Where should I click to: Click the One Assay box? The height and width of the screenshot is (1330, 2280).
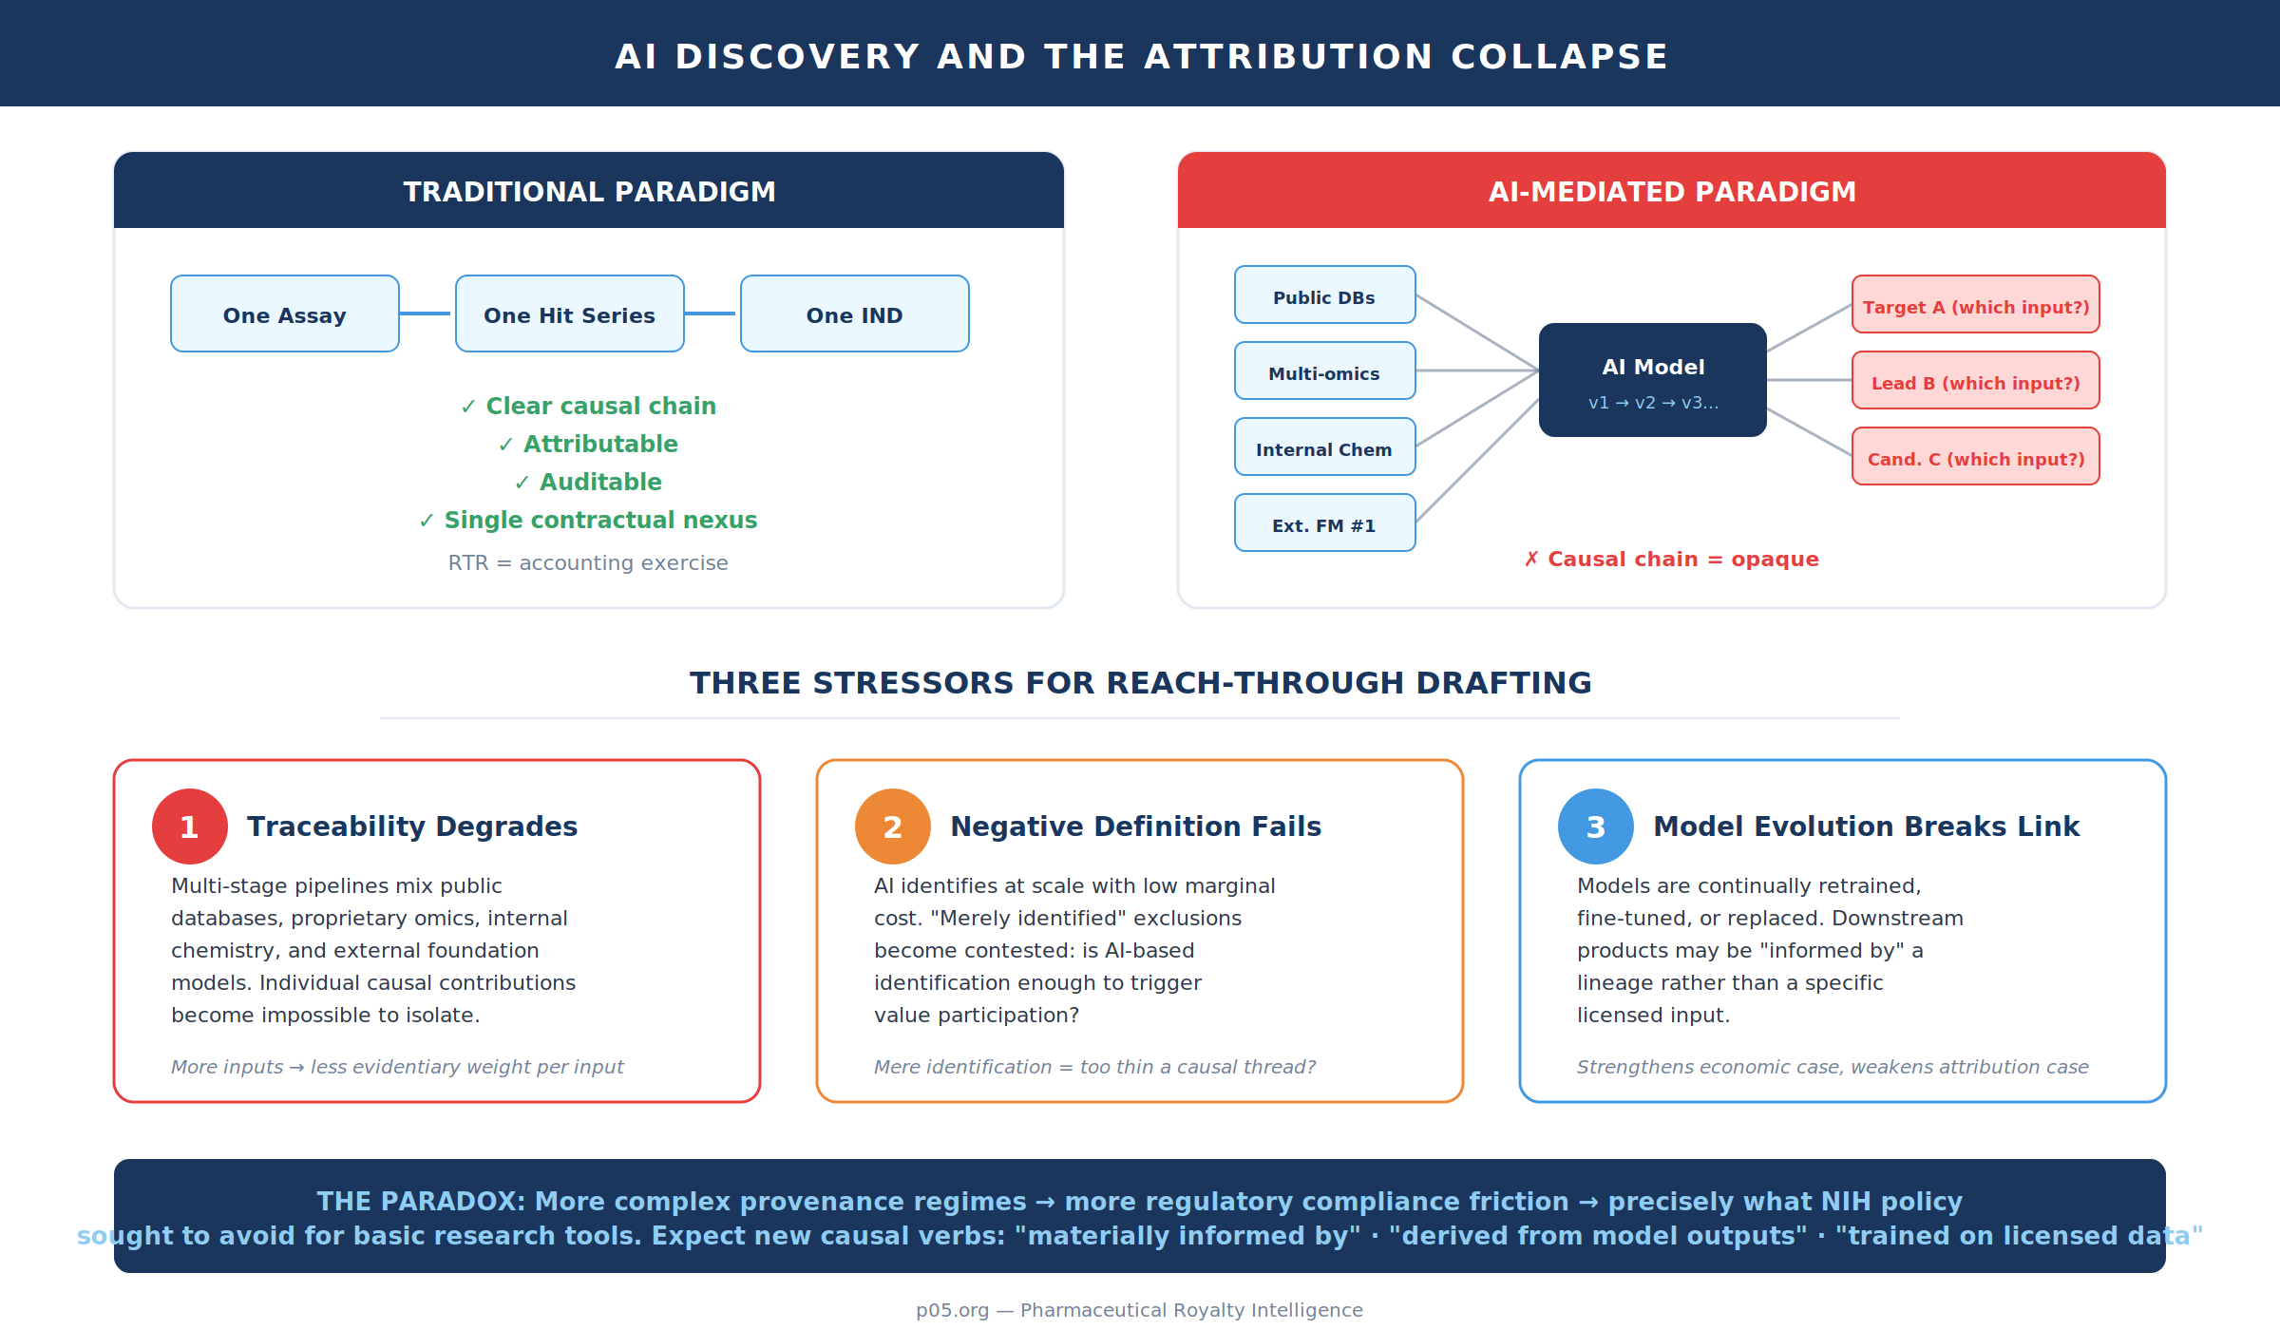click(285, 313)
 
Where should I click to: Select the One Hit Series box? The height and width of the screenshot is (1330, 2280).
click(570, 313)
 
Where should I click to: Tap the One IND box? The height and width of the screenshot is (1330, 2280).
click(855, 313)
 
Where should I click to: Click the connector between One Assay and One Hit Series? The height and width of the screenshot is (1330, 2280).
click(426, 313)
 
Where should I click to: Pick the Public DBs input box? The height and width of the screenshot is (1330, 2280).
click(1324, 295)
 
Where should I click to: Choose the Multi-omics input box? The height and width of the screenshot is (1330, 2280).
click(1324, 371)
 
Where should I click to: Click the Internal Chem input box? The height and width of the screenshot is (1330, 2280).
click(1324, 447)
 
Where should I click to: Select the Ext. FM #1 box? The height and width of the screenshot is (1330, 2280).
click(1324, 523)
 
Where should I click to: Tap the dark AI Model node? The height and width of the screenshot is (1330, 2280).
click(1653, 380)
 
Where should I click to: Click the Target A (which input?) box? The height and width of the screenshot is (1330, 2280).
click(1976, 305)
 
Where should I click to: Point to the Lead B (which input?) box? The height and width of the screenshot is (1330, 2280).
click(1976, 381)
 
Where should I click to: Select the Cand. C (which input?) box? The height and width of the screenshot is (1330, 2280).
click(1976, 457)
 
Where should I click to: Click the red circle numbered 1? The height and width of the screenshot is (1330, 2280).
click(190, 826)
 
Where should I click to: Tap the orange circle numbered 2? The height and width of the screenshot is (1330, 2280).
click(893, 826)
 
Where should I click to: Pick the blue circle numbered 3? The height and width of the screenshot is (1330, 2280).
click(1596, 826)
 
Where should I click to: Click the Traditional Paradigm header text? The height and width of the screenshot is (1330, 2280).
click(589, 192)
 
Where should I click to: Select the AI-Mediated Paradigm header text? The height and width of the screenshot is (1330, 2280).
click(1672, 192)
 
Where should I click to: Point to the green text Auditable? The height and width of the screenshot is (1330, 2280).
click(600, 483)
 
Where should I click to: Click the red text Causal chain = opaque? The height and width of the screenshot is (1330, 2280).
click(1682, 560)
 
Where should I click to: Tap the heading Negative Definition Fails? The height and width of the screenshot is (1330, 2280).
click(1135, 826)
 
